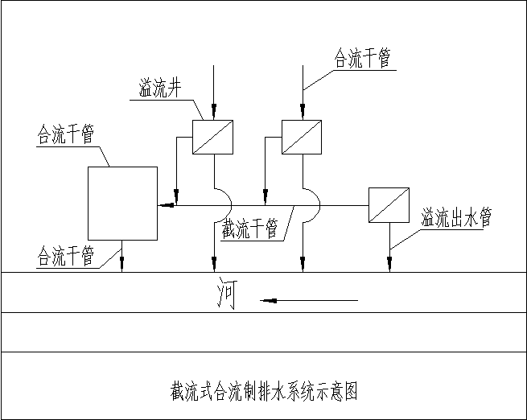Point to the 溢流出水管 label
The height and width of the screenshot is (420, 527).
click(x=456, y=218)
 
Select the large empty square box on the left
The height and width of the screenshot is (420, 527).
click(x=122, y=203)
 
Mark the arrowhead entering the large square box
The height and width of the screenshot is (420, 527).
click(x=163, y=205)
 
